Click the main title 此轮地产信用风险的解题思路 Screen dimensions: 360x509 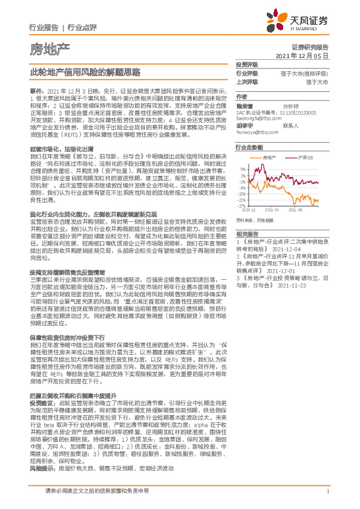[x=85, y=71]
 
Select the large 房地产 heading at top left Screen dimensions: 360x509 [x=50, y=48]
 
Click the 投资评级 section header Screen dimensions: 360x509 [x=247, y=65]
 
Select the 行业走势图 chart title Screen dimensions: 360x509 [x=249, y=148]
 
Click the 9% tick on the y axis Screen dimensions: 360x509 [x=243, y=169]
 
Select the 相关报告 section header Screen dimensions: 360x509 [x=247, y=233]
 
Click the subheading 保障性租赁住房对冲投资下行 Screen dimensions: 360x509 [x=67, y=336]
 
